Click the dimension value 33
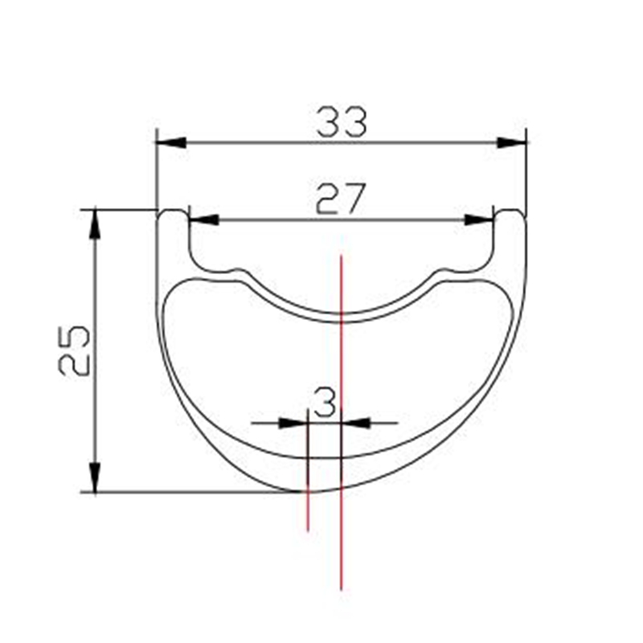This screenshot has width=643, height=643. coord(341,122)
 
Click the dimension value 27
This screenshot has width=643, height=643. coord(340,199)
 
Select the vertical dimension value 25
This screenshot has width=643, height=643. coord(74,350)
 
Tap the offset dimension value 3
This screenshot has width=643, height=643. coord(326,403)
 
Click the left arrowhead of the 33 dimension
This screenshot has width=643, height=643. coord(171,142)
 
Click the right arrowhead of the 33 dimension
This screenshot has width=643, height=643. coord(511,143)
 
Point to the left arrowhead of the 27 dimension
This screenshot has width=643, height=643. coord(204,219)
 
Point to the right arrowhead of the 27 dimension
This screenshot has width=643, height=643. coord(479,219)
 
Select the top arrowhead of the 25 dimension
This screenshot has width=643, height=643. coord(95,224)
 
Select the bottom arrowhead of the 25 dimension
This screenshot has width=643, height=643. coord(95,477)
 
